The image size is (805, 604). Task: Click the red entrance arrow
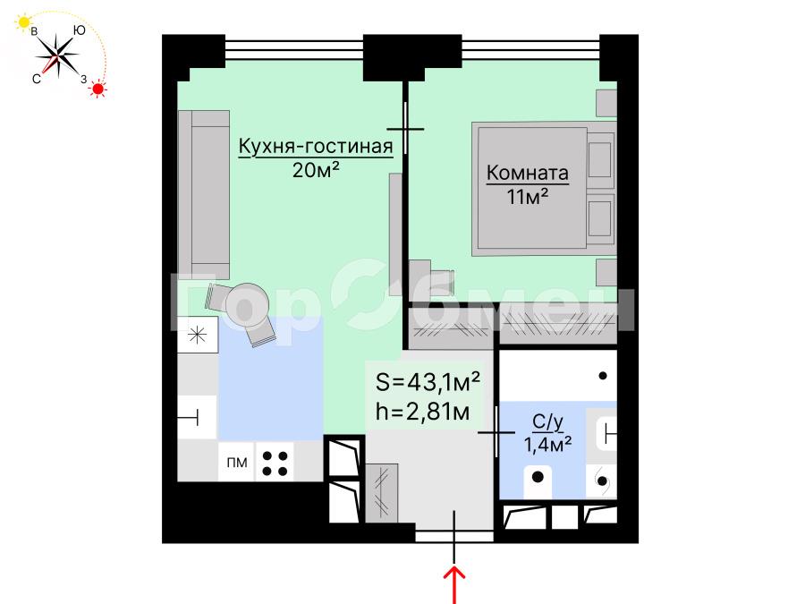click(454, 584)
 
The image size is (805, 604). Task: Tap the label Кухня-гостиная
click(316, 147)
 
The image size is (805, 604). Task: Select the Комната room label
click(527, 173)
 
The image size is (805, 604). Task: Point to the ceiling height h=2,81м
click(422, 412)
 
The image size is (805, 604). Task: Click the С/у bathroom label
click(547, 422)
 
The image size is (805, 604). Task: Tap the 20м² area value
click(316, 169)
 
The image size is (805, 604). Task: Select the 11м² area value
click(527, 196)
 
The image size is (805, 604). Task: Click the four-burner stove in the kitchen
click(275, 464)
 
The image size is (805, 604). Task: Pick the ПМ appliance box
click(237, 463)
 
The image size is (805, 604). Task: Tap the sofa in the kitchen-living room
click(204, 195)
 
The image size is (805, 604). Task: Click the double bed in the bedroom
click(544, 189)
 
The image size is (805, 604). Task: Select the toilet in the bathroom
click(538, 481)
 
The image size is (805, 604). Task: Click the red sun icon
click(97, 89)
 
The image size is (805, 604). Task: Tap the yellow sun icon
click(23, 22)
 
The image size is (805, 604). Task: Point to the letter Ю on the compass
click(79, 30)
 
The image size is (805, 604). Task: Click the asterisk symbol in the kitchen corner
click(197, 336)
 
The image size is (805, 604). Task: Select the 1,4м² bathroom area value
click(547, 444)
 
